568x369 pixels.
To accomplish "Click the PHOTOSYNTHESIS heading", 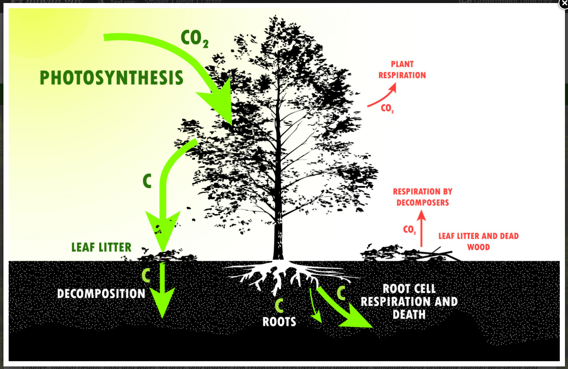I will tap(111, 78).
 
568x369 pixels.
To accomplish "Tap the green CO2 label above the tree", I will tap(194, 38).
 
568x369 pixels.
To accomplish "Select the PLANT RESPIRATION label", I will tap(402, 70).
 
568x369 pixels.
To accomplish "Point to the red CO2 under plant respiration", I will tap(387, 108).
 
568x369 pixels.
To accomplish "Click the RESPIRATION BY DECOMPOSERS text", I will tap(422, 197).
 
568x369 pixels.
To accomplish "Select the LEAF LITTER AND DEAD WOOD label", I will tap(478, 241).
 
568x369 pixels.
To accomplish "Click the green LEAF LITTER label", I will tap(101, 247).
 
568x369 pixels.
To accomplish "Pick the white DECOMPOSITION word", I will tap(101, 294).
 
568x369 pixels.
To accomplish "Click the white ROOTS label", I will tap(279, 322).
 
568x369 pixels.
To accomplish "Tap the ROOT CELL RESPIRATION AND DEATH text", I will tap(409, 302).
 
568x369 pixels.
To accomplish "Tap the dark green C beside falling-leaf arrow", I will tap(147, 182).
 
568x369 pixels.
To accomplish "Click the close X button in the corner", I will tap(564, 3).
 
